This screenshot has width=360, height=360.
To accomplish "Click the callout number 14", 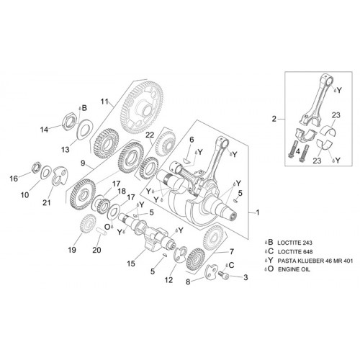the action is [44, 130].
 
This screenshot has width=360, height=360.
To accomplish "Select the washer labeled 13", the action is [85, 129].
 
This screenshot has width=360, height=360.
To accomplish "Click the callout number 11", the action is [104, 102].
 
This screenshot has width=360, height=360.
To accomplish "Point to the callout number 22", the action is [150, 135].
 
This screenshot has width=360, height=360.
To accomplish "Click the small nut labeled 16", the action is [37, 167].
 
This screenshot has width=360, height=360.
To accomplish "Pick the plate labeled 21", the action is [60, 176].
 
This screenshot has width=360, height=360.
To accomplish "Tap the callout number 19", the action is [72, 250].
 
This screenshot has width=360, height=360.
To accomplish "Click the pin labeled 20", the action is [101, 231].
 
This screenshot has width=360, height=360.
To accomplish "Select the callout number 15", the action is [131, 264].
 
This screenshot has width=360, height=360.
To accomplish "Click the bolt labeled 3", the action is [224, 274].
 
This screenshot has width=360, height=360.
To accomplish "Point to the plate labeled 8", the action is [211, 271].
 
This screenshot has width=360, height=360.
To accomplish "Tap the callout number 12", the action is [168, 280].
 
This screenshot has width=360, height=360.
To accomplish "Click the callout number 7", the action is [232, 251].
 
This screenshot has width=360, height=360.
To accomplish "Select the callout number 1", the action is [258, 212].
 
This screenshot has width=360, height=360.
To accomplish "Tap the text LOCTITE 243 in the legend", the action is [294, 243].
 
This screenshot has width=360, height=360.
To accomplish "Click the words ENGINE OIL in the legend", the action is [294, 269].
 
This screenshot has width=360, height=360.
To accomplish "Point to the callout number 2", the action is [274, 119].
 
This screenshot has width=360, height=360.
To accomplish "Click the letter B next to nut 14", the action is [84, 108].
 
